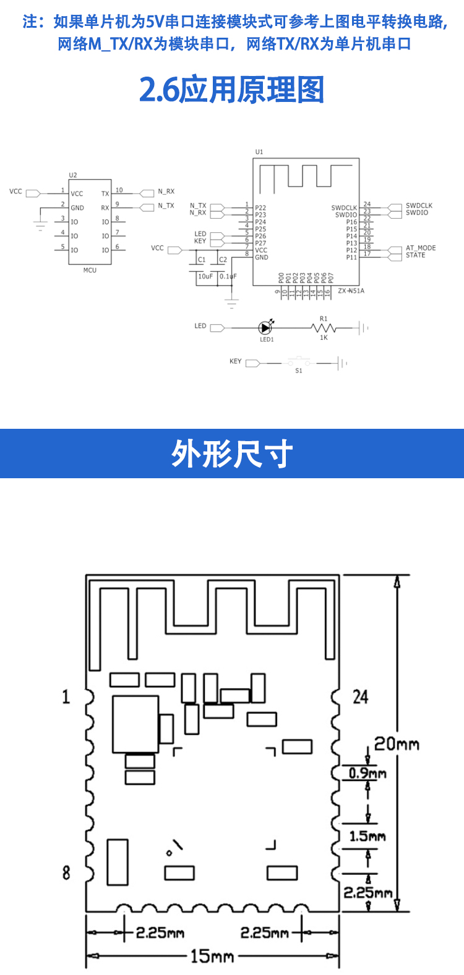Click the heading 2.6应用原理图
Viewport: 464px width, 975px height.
pyautogui.click(x=231, y=90)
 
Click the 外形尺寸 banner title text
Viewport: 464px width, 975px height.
pyautogui.click(x=232, y=454)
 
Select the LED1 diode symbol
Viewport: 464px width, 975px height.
pyautogui.click(x=265, y=328)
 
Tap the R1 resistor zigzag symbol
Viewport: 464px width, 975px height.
pyautogui.click(x=324, y=328)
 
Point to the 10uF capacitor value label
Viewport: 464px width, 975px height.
pyautogui.click(x=205, y=276)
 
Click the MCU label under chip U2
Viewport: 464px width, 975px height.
pyautogui.click(x=90, y=270)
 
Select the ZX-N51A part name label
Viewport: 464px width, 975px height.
pyautogui.click(x=351, y=290)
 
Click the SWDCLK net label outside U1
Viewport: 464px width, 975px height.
pyautogui.click(x=419, y=206)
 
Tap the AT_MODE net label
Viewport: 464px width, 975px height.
pyautogui.click(x=421, y=248)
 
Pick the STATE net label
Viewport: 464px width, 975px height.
pyautogui.click(x=416, y=255)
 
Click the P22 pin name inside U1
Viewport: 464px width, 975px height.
pyautogui.click(x=260, y=208)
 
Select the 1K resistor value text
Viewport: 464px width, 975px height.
pyautogui.click(x=324, y=338)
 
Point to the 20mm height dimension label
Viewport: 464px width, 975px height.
pyautogui.click(x=397, y=743)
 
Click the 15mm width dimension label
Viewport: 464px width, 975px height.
pyautogui.click(x=212, y=956)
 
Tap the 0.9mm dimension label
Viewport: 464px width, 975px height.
pyautogui.click(x=367, y=773)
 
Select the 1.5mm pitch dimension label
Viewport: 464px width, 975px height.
pyautogui.click(x=367, y=836)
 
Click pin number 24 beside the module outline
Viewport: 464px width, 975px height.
pyautogui.click(x=360, y=697)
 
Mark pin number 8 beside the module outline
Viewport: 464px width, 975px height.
pyautogui.click(x=66, y=872)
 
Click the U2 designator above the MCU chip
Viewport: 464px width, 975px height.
pyautogui.click(x=73, y=175)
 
